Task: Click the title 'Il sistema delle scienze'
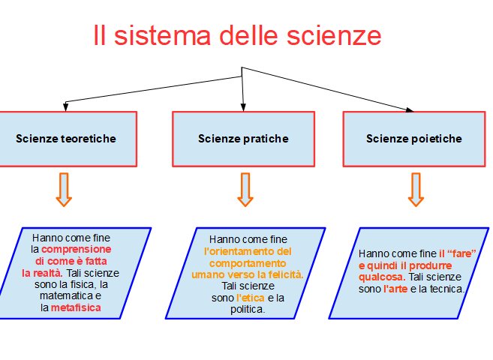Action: pos(237,35)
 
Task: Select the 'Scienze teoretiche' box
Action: pos(68,139)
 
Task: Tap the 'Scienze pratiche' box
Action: pos(243,139)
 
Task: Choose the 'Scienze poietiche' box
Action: pos(414,139)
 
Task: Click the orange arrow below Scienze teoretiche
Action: pos(64,190)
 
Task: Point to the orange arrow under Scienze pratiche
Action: pos(245,190)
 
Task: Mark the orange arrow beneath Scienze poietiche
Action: pos(416,190)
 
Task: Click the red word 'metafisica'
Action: pos(76,307)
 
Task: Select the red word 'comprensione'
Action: pos(76,250)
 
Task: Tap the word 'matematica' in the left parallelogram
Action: pos(66,296)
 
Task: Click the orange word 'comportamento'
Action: pos(248,263)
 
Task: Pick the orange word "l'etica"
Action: pos(251,298)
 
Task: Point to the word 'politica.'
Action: pos(248,310)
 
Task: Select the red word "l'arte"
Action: pos(395,289)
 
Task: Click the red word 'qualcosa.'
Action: pos(382,277)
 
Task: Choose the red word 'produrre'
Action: pos(431,265)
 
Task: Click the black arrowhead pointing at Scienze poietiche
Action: pos(410,109)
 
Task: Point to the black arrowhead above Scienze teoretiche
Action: pos(65,106)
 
